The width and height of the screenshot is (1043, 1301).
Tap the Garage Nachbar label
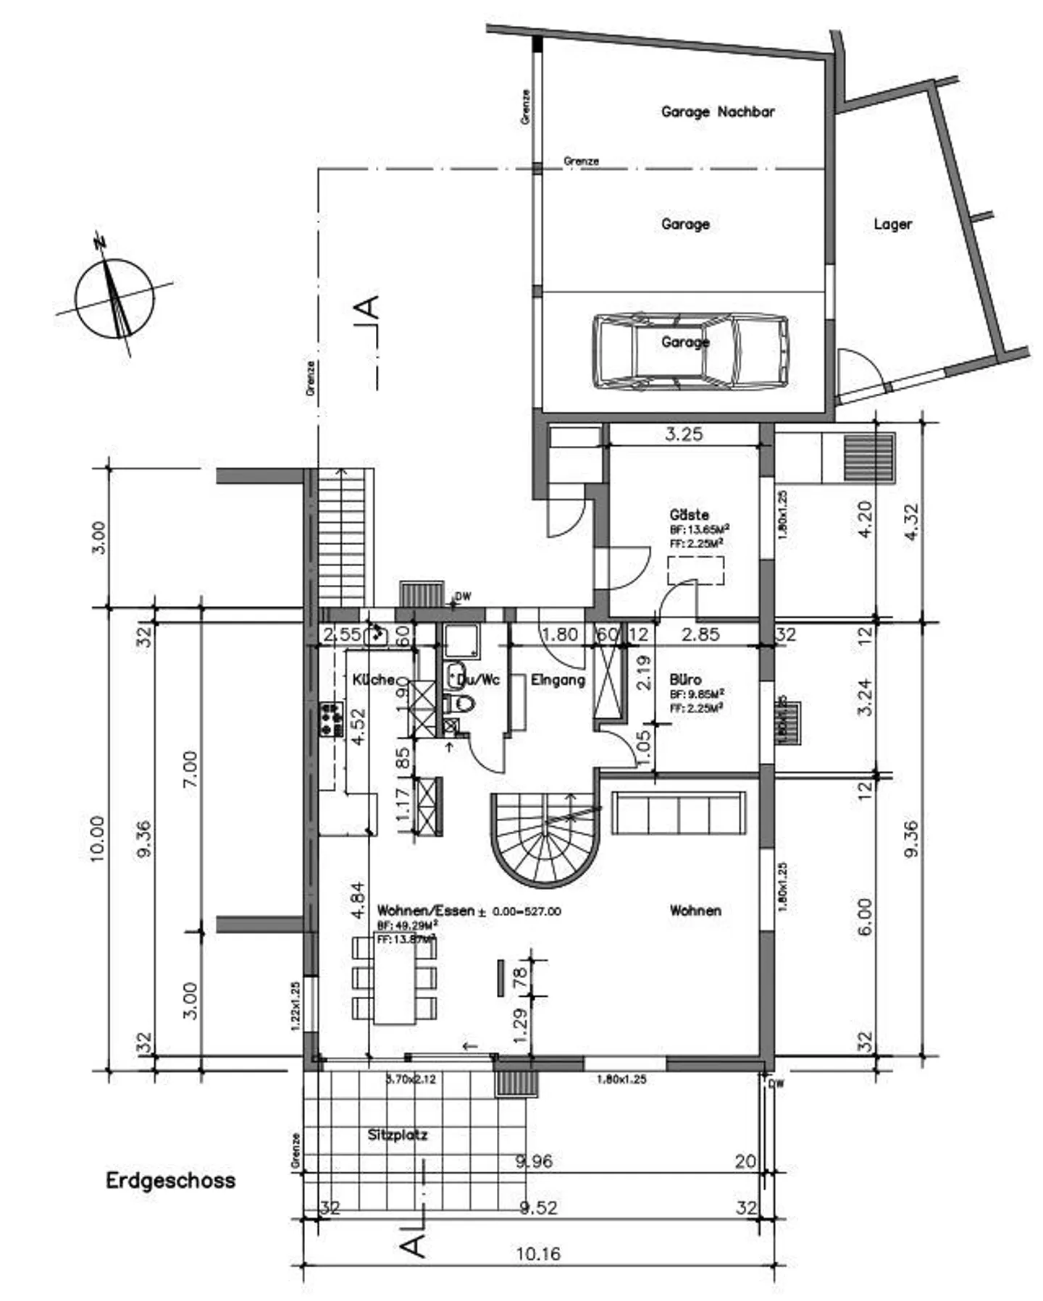(x=717, y=111)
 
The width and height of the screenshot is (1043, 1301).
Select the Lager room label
(x=892, y=224)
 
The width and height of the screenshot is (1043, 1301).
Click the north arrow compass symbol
(x=114, y=297)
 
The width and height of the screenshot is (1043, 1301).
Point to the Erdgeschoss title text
(x=171, y=1181)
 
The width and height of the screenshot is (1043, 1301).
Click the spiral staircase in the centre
(x=545, y=840)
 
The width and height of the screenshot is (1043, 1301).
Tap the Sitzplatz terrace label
(x=398, y=1135)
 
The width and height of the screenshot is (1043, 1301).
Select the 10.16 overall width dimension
(x=538, y=1253)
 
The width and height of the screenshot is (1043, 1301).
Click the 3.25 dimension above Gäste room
(x=684, y=434)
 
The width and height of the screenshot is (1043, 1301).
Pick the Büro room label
(x=685, y=681)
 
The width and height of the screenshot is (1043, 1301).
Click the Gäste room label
(x=689, y=515)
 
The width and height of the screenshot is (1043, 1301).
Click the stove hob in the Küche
(x=331, y=718)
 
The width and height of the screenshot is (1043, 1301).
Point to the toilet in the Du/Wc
(x=459, y=704)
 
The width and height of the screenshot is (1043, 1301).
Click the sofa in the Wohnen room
(x=678, y=814)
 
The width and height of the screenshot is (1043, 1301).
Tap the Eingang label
(x=558, y=681)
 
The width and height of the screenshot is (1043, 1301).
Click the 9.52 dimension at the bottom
(x=538, y=1208)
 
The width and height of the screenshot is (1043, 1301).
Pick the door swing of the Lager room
(x=860, y=373)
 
